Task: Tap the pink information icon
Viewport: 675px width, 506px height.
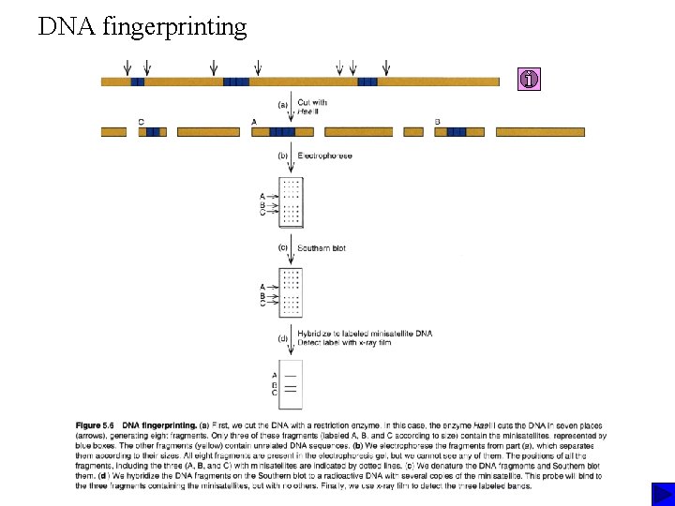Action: tap(530, 81)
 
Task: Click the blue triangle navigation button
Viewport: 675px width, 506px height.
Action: tap(662, 494)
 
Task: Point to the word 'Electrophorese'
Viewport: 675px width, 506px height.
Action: tap(324, 156)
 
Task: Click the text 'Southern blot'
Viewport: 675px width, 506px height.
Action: tap(321, 248)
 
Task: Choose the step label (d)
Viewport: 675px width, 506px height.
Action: tap(282, 337)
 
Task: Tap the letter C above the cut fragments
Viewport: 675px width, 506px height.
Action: tap(141, 121)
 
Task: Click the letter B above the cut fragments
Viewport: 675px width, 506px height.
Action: tap(438, 121)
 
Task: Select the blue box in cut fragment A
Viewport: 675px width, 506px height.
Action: tap(282, 132)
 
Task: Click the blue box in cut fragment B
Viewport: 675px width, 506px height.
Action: tap(457, 132)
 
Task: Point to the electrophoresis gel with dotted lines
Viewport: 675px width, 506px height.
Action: tap(292, 201)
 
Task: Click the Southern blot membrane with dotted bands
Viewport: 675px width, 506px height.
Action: tap(292, 292)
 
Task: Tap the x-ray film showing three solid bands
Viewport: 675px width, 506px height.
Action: tap(292, 384)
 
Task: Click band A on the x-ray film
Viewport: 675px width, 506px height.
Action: tap(291, 375)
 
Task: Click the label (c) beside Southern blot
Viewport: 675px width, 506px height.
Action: tap(282, 248)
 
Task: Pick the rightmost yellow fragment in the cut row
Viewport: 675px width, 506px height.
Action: tap(539, 132)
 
